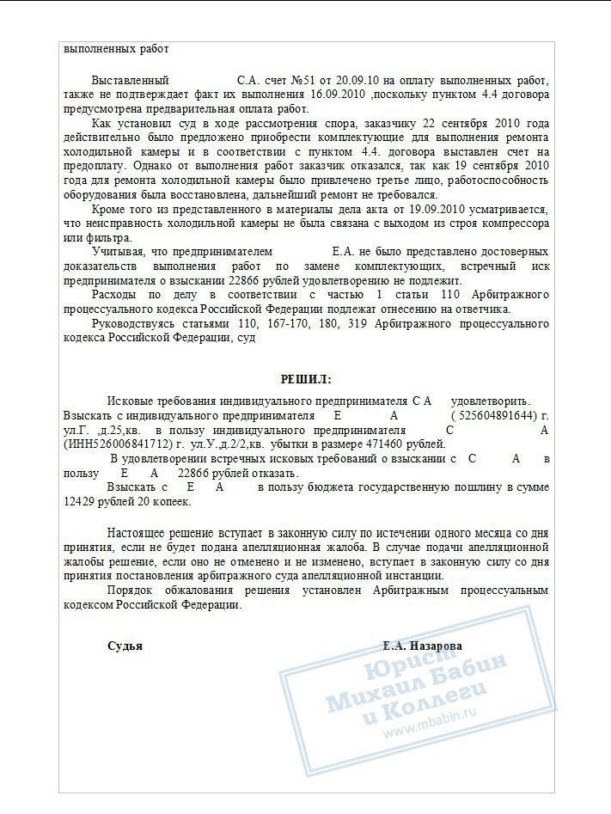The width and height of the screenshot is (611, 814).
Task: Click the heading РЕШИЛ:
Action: coord(306,379)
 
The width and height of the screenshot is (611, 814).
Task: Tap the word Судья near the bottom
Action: coord(125,646)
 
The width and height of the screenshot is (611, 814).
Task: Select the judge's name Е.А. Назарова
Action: coord(423,646)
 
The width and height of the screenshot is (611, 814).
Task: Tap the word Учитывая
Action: coord(120,252)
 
